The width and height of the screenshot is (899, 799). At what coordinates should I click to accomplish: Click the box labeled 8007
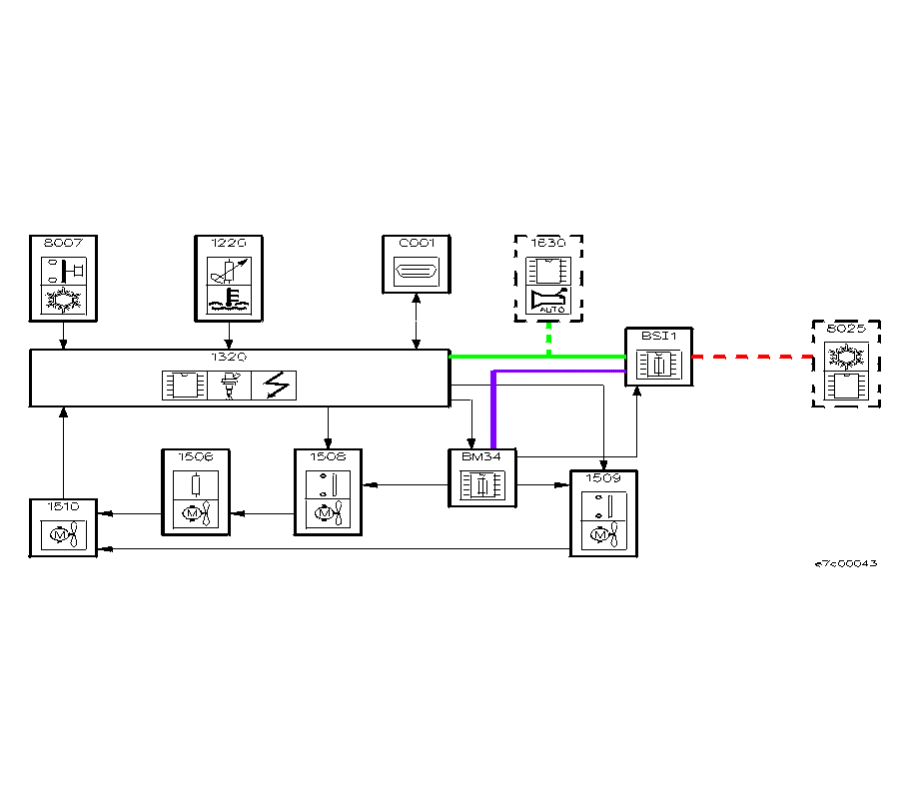tap(64, 279)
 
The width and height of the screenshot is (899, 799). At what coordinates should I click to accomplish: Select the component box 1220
tap(229, 279)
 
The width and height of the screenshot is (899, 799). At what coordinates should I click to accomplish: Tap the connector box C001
tap(417, 265)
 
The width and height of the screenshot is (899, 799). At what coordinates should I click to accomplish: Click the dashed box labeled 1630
tap(548, 279)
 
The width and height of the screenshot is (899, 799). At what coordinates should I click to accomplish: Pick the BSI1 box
tap(658, 356)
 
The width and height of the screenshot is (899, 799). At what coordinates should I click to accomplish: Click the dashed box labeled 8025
tap(847, 365)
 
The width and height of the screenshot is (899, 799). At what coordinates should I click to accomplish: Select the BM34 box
tap(481, 478)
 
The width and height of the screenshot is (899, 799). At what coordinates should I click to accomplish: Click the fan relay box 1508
tap(328, 491)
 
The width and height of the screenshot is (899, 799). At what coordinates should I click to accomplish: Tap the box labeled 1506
tap(196, 491)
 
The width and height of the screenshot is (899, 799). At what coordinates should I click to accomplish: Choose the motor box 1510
tap(63, 526)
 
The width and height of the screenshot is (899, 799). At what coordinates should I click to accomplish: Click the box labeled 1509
tap(603, 512)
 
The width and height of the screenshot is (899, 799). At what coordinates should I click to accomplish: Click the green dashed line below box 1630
tap(548, 340)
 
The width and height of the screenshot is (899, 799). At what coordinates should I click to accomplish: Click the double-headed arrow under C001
tap(417, 321)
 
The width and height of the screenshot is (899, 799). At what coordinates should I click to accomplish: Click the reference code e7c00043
tap(846, 563)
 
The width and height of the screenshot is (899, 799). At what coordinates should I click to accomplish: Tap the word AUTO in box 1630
tap(551, 310)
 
